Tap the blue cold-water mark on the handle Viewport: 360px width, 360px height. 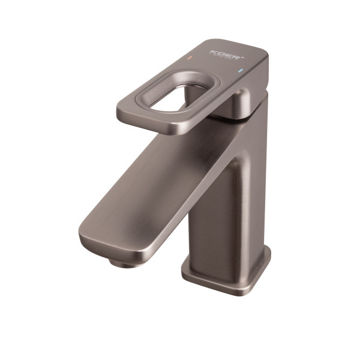point(241,71)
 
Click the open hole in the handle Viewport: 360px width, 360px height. point(175,95)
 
